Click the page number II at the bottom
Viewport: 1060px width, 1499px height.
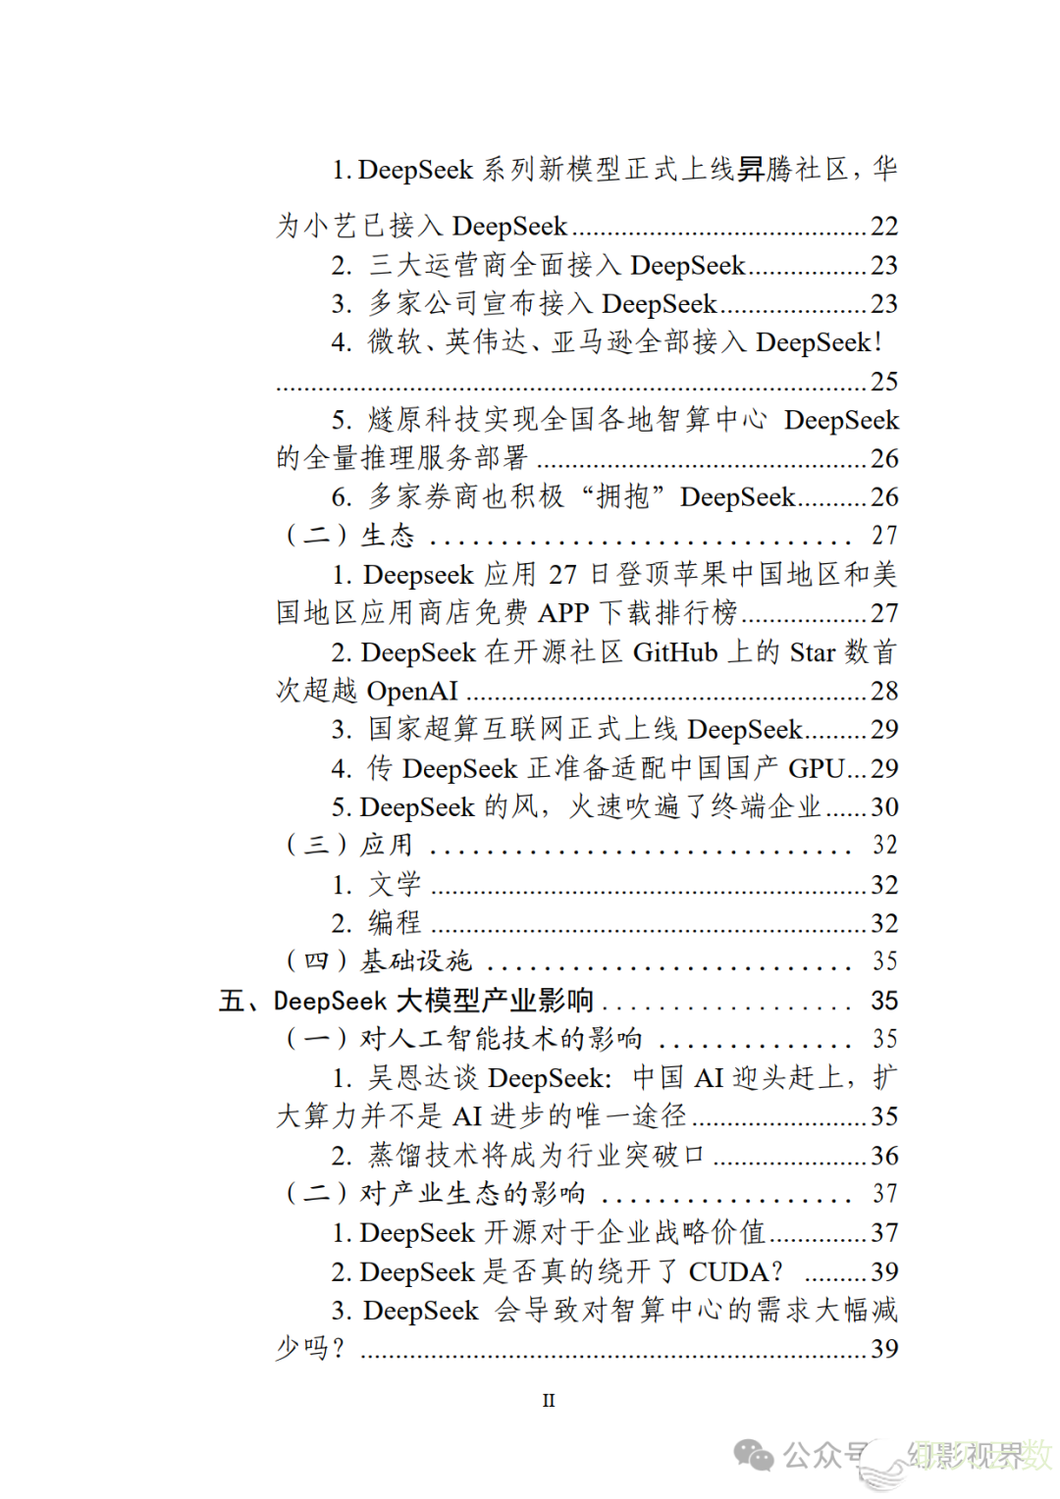tap(548, 1400)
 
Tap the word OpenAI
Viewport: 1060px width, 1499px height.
tap(412, 691)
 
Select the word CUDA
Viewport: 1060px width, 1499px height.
tap(728, 1271)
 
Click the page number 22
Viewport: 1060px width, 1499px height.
tap(883, 227)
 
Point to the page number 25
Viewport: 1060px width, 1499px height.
tap(883, 381)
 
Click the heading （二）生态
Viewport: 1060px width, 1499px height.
tap(350, 536)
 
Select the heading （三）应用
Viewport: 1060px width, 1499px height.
tap(349, 845)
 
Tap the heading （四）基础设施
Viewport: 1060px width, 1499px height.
tap(379, 960)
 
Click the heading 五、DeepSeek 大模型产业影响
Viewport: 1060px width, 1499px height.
tap(406, 1001)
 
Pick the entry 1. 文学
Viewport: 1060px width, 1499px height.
tap(377, 884)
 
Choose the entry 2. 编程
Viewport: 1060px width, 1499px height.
tap(377, 923)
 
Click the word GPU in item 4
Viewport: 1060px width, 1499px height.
tap(816, 768)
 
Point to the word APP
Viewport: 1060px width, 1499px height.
tap(563, 613)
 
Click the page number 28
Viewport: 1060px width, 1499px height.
tap(883, 691)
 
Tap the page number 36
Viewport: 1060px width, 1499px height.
tap(883, 1156)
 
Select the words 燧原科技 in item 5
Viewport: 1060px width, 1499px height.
tap(424, 420)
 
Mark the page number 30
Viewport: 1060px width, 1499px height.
tap(883, 806)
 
